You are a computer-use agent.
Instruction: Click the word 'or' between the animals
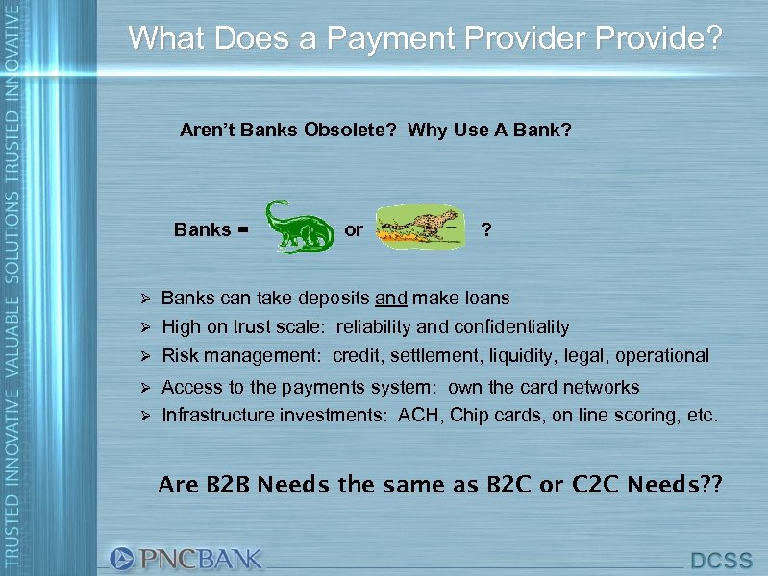tap(354, 230)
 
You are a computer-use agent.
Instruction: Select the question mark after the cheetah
tap(486, 230)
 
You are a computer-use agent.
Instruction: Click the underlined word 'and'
tap(390, 299)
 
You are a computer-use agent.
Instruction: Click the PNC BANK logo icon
tap(122, 559)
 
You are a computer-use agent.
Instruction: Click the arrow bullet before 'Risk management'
tap(143, 357)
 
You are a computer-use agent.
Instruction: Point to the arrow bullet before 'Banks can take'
tap(143, 300)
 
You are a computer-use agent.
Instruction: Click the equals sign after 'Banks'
tap(242, 230)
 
